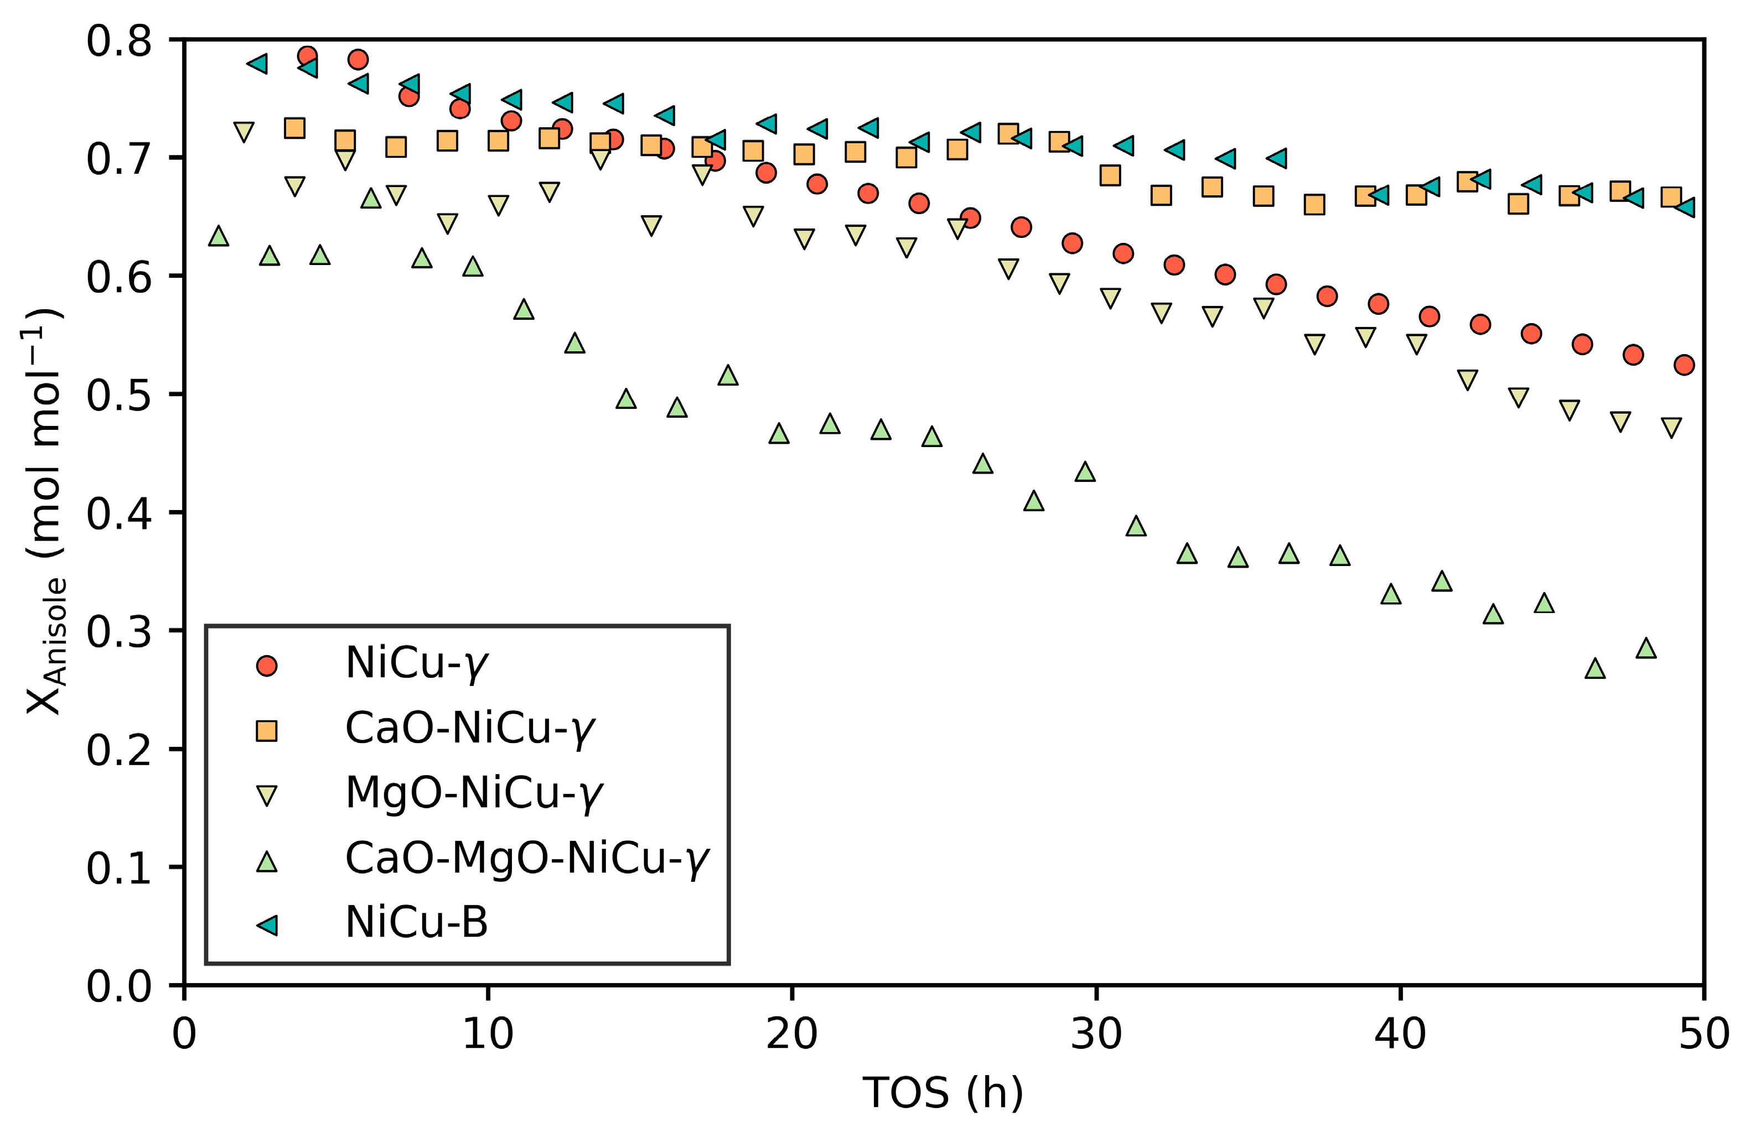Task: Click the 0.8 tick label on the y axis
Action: point(118,41)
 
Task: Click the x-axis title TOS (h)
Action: point(943,1093)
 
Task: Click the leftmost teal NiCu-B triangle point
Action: point(257,64)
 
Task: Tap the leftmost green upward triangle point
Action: point(218,236)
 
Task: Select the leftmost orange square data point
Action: point(294,128)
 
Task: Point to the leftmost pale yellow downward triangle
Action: point(244,132)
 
